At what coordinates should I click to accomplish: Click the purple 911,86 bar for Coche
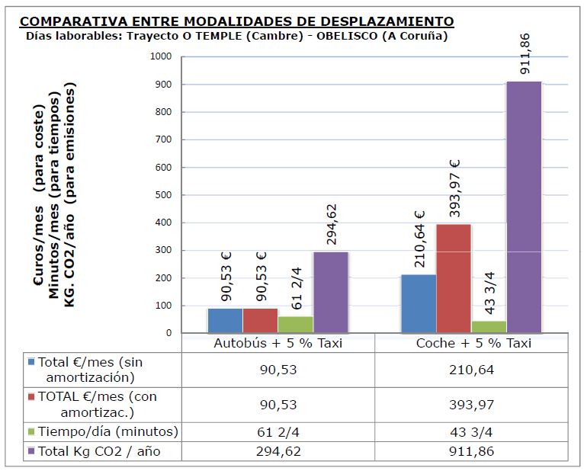pos(524,207)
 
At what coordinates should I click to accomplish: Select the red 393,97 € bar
pos(454,278)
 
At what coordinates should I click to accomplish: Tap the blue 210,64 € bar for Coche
pos(419,303)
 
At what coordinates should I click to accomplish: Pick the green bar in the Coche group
pos(489,327)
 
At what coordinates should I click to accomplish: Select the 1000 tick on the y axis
pos(161,57)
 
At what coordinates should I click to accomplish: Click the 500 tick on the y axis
pos(164,195)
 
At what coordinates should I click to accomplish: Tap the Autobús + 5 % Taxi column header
pos(278,343)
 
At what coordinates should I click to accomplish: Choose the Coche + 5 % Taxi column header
pos(473,343)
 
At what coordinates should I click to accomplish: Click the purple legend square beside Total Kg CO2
pos(31,451)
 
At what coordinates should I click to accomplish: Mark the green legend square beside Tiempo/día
pos(31,431)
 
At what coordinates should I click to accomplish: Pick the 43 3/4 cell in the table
pos(473,431)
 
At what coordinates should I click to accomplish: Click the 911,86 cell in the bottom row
pos(473,451)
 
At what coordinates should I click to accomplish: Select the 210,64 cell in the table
pos(473,370)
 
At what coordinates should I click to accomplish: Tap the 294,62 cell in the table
pos(278,451)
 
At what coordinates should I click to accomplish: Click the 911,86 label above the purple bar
pos(525,53)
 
